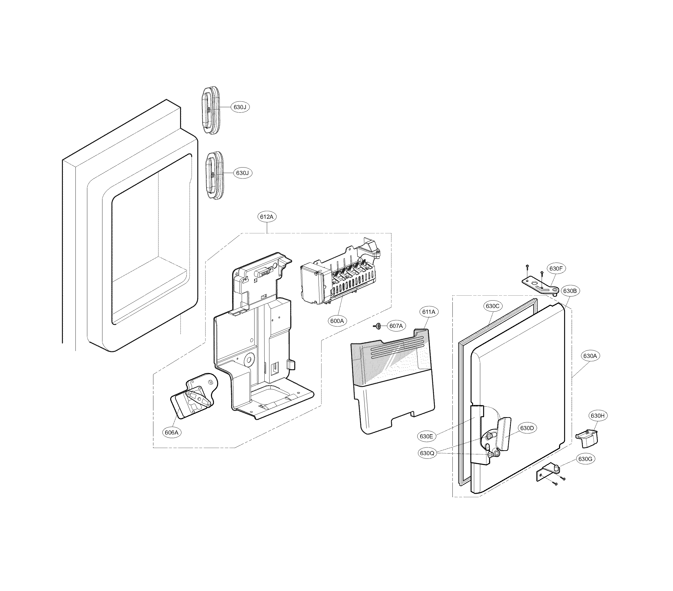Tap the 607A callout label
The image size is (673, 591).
pos(396,326)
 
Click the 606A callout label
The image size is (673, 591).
pos(172,433)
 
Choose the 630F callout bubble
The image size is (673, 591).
pos(556,268)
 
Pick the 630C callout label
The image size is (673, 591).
pos(493,306)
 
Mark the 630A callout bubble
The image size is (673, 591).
pos(590,356)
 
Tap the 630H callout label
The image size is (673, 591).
pos(597,416)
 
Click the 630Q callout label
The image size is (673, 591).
pos(427,453)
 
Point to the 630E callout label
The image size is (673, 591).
pos(426,436)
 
